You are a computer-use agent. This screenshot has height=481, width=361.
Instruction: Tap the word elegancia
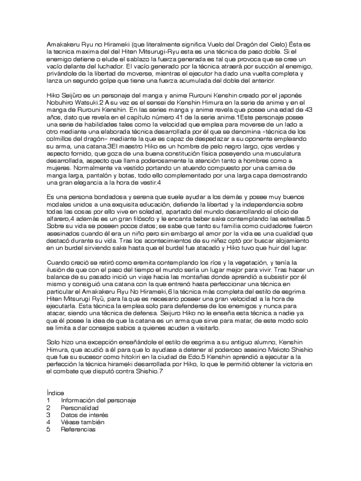pyautogui.click(x=93, y=183)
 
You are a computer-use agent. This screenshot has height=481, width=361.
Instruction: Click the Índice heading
pyautogui.click(x=55, y=392)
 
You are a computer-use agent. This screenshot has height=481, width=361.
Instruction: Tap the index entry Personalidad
pyautogui.click(x=80, y=408)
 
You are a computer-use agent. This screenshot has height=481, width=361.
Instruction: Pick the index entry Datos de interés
pyautogui.click(x=85, y=415)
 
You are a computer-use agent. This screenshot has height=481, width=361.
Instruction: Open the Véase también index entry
pyautogui.click(x=82, y=422)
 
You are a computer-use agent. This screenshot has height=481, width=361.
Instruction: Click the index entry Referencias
pyautogui.click(x=78, y=430)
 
